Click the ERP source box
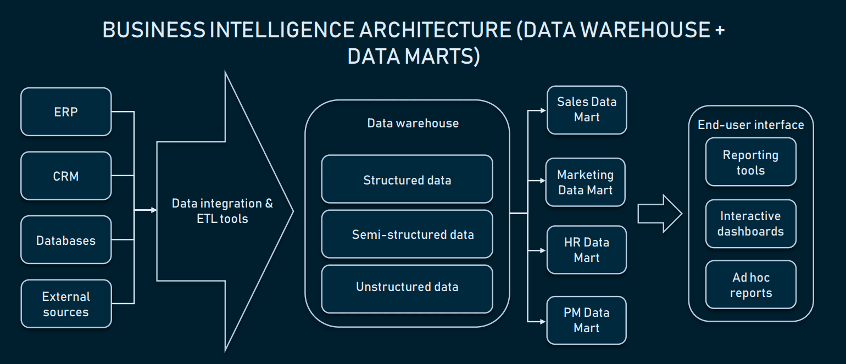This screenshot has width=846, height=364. pyautogui.click(x=66, y=112)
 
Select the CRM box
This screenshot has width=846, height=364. pyautogui.click(x=66, y=176)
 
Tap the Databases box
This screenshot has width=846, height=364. pyautogui.click(x=66, y=240)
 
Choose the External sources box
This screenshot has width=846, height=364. pyautogui.click(x=66, y=304)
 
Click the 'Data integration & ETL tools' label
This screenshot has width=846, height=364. pyautogui.click(x=222, y=211)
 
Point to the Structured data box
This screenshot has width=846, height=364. pyautogui.click(x=407, y=180)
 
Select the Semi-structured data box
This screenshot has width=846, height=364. pyautogui.click(x=407, y=234)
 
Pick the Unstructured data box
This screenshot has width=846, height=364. pyautogui.click(x=407, y=287)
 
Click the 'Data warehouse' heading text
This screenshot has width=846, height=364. pyautogui.click(x=413, y=123)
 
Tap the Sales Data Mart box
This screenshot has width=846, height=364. pyautogui.click(x=587, y=110)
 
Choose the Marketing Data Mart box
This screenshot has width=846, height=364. pyautogui.click(x=586, y=182)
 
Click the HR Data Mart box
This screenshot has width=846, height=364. pyautogui.click(x=587, y=250)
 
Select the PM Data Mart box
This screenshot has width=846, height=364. pyautogui.click(x=587, y=320)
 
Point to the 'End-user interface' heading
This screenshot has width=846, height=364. pyautogui.click(x=750, y=125)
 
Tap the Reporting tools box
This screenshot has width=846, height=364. pyautogui.click(x=750, y=163)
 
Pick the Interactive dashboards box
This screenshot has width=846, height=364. pyautogui.click(x=750, y=223)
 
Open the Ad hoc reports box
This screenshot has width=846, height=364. pyautogui.click(x=750, y=285)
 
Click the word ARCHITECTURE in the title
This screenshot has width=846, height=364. pyautogui.click(x=436, y=30)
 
